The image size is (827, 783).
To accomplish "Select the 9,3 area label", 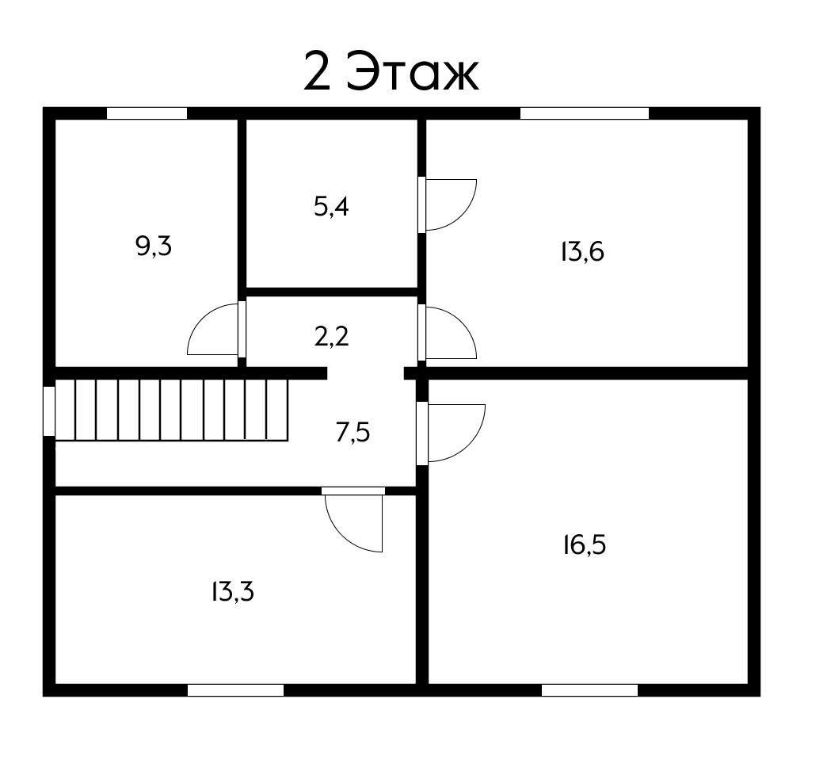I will point(154,247).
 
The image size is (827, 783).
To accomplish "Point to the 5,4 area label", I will point(331,208).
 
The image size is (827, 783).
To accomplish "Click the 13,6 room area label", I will point(582,252).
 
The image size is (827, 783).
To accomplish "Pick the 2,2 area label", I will point(331,337).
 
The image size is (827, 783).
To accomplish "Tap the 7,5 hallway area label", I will point(353,434).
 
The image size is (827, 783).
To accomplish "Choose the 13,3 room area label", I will point(232,591).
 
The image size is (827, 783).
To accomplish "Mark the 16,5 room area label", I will point(584,545).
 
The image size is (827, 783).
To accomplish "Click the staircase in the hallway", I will point(170,409).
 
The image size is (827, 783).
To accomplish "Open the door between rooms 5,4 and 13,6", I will point(448,204).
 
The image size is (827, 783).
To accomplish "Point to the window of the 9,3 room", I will point(147,113).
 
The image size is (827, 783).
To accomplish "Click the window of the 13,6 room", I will point(584,113).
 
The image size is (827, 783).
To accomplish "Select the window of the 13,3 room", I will point(235,690).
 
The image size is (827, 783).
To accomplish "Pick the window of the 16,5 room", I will point(589,690).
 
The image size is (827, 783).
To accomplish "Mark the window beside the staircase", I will point(49,411).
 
